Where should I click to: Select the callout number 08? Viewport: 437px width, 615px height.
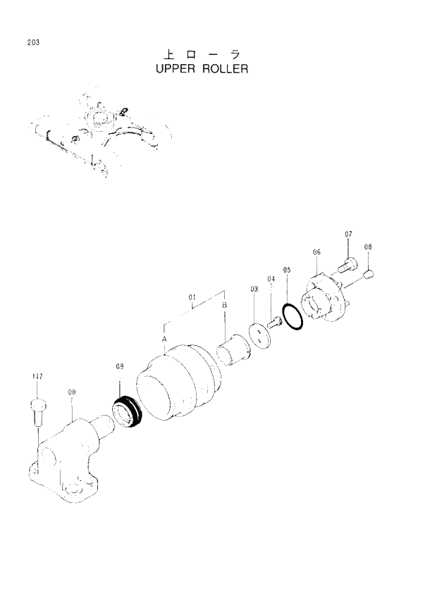[368, 247]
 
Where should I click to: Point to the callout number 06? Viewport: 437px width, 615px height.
[316, 251]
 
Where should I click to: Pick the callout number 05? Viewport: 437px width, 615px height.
[287, 269]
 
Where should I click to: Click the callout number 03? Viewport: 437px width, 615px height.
[254, 289]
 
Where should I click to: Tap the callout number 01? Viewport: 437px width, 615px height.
[192, 298]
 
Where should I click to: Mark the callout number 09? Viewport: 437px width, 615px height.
[120, 366]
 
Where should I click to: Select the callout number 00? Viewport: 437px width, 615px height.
[72, 392]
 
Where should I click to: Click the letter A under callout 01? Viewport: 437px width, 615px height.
[164, 339]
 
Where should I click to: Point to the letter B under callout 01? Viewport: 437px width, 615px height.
[225, 305]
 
